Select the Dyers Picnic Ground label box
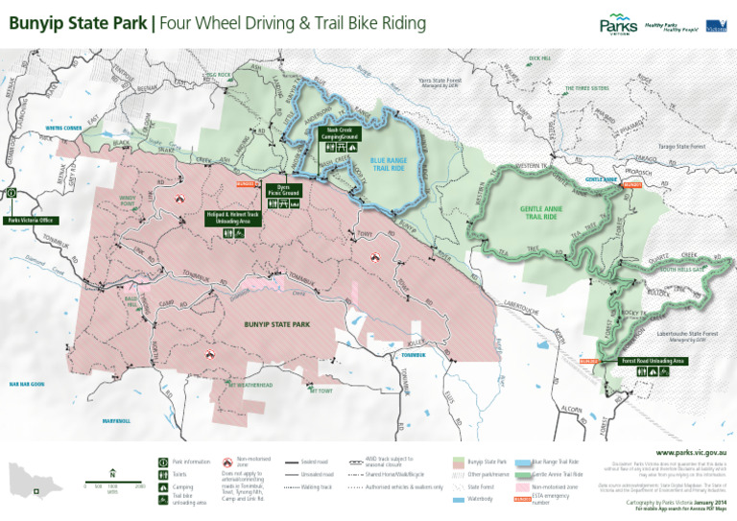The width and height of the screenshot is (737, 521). [x=283, y=191]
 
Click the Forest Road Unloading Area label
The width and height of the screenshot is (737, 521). [x=654, y=361]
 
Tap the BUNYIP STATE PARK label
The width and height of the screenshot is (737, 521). [x=276, y=325]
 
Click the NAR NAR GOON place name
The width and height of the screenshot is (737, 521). [x=27, y=384]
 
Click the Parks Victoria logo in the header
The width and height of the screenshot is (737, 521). [x=618, y=26]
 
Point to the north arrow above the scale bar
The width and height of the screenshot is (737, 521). [x=112, y=472]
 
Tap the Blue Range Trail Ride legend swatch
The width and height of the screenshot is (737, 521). [x=523, y=462]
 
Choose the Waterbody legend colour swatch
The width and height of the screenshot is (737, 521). [x=459, y=499]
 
